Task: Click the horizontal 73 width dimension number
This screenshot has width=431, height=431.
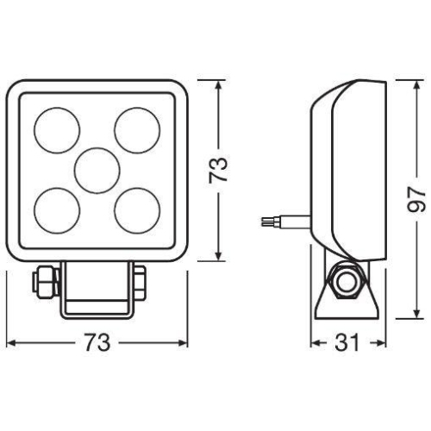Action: [x=98, y=342]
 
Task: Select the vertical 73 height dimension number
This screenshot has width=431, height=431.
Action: [x=221, y=168]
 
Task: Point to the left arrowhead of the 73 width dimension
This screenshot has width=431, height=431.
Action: [x=10, y=342]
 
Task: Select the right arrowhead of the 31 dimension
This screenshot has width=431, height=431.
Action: [x=382, y=342]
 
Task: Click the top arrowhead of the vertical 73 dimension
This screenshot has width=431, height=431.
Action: [x=221, y=81]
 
